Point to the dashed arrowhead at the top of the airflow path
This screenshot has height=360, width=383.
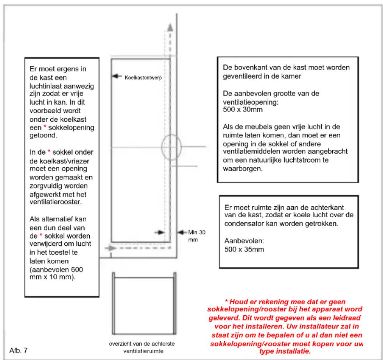[169, 27]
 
